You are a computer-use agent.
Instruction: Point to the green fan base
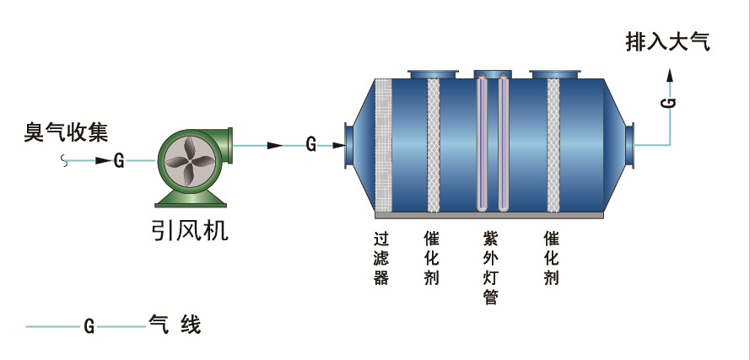tap(190, 199)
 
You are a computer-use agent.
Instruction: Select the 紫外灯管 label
tap(490, 267)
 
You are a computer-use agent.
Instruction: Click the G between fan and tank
tap(310, 145)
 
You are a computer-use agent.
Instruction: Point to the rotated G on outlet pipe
tap(670, 102)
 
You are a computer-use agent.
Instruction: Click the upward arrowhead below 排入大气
tap(670, 73)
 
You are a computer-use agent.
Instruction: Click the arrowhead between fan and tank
tap(275, 145)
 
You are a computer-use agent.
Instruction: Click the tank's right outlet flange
tap(629, 145)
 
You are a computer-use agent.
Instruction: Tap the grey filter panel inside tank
tap(384, 145)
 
